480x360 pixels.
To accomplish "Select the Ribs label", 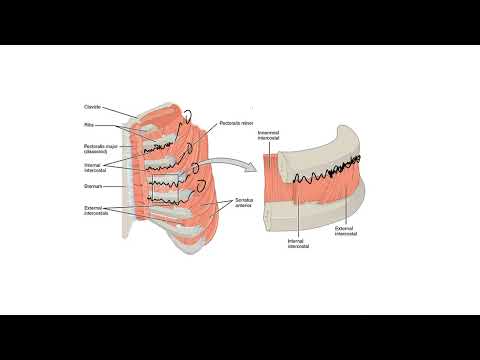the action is [x=89, y=125].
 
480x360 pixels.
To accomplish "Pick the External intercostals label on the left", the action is [x=97, y=210].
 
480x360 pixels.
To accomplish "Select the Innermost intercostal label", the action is [x=268, y=134].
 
